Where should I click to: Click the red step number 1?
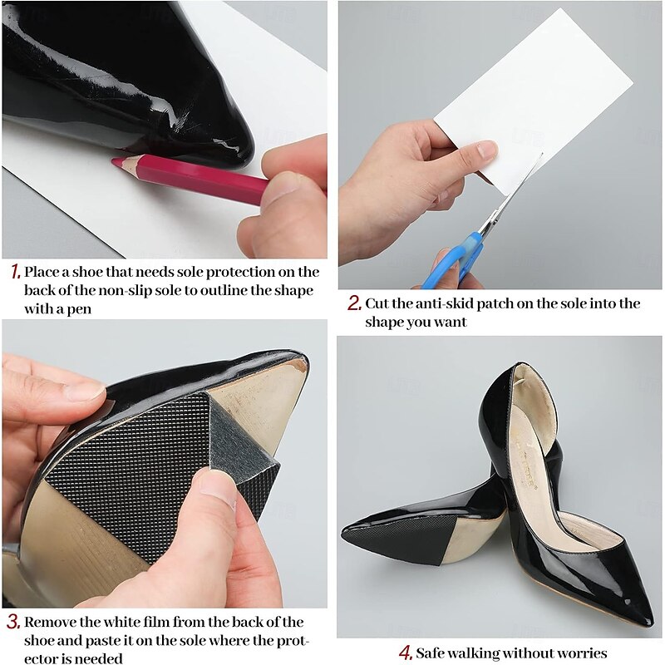tap(15, 272)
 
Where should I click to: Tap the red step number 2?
tap(355, 303)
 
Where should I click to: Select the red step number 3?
tap(13, 622)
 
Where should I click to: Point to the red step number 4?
tap(406, 653)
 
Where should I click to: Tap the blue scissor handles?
tap(456, 261)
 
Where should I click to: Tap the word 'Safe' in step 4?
tap(430, 653)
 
